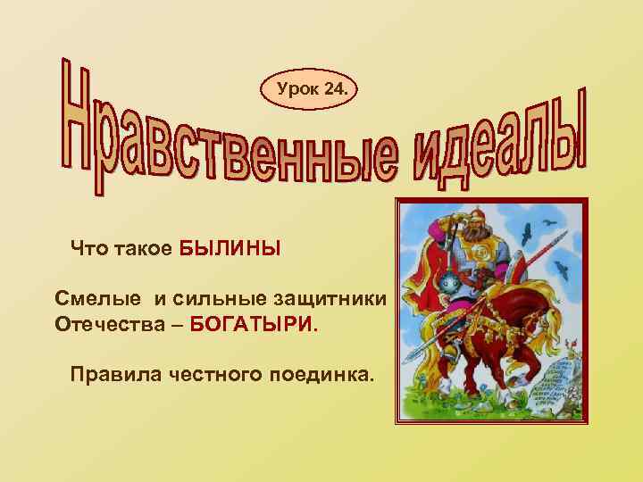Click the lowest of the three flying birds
coord(563,268)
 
